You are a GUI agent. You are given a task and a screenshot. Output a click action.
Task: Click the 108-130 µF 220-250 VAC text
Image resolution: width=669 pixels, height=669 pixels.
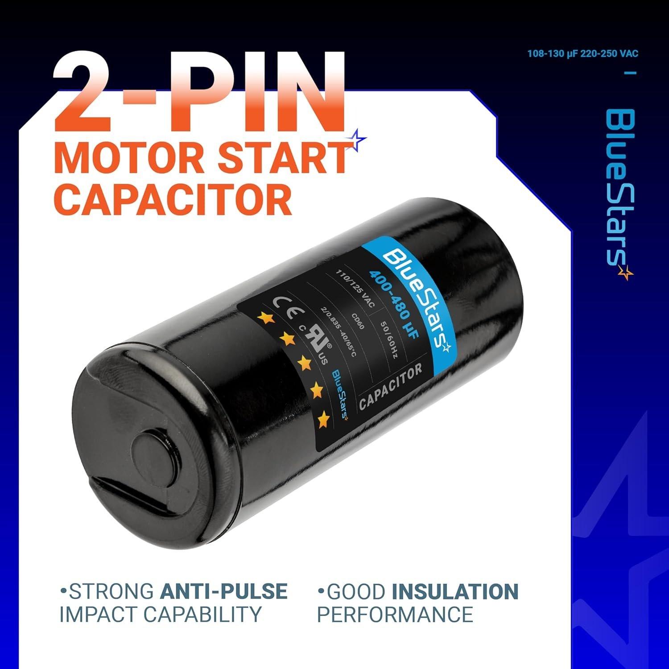(582, 54)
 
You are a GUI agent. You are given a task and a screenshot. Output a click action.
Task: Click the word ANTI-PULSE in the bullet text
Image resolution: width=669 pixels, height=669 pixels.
(223, 591)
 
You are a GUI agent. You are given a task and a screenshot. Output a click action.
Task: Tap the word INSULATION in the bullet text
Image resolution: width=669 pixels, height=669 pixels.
(455, 591)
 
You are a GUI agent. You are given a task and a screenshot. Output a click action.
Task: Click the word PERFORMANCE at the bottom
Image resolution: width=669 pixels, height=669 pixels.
(395, 614)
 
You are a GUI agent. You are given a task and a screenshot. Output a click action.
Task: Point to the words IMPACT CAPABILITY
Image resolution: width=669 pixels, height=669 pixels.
(160, 614)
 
